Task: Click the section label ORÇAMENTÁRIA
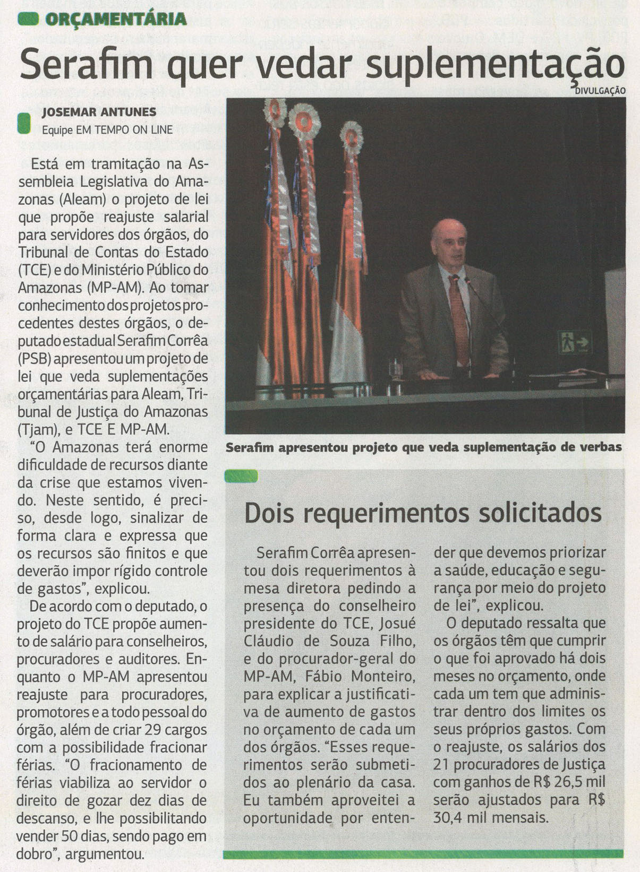pos(116,20)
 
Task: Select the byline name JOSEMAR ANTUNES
pos(99,112)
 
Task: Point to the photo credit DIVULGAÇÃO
pos(600,91)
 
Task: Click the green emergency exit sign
pos(575,342)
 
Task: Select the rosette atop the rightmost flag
pos(351,139)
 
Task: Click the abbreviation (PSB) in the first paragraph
pos(34,359)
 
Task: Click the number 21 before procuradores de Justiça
pos(441,765)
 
